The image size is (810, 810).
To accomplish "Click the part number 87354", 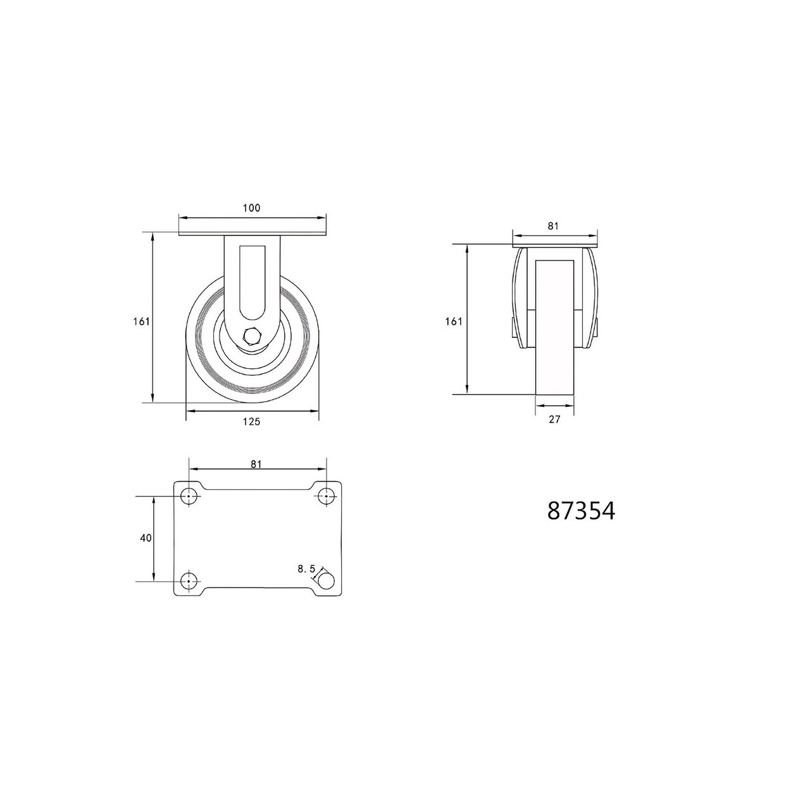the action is click(x=581, y=511).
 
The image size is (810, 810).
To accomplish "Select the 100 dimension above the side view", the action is click(x=251, y=208).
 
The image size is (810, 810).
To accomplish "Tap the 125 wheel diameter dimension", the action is click(x=251, y=421).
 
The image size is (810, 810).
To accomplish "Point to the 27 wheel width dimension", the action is click(x=554, y=419).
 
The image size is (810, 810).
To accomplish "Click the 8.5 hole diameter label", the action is click(x=306, y=569).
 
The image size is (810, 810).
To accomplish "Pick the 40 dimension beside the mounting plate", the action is click(x=146, y=538).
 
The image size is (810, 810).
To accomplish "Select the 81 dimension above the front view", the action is click(x=553, y=226).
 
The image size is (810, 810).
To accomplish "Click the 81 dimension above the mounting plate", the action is click(x=256, y=464).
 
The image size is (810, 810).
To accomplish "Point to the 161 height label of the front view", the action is click(x=454, y=322).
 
